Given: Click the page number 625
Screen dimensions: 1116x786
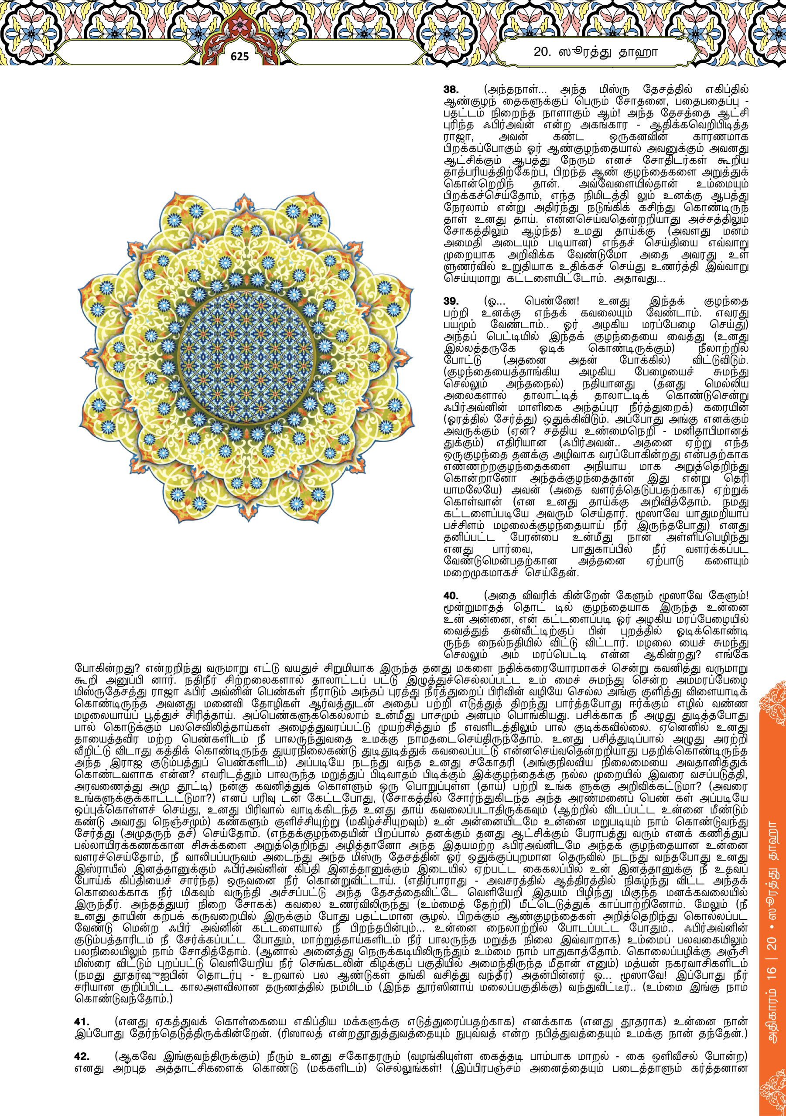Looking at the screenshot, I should pyautogui.click(x=239, y=56).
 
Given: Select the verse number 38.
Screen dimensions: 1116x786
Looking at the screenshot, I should pyautogui.click(x=451, y=89).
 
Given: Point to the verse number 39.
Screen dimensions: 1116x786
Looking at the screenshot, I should pyautogui.click(x=451, y=301).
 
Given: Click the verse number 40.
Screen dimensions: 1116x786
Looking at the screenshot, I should pyautogui.click(x=451, y=596).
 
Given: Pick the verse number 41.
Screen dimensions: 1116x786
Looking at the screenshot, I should pyautogui.click(x=82, y=1022).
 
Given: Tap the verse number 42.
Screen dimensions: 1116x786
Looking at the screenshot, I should pyautogui.click(x=82, y=1057).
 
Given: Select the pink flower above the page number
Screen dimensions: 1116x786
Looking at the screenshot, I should pyautogui.click(x=239, y=24).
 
